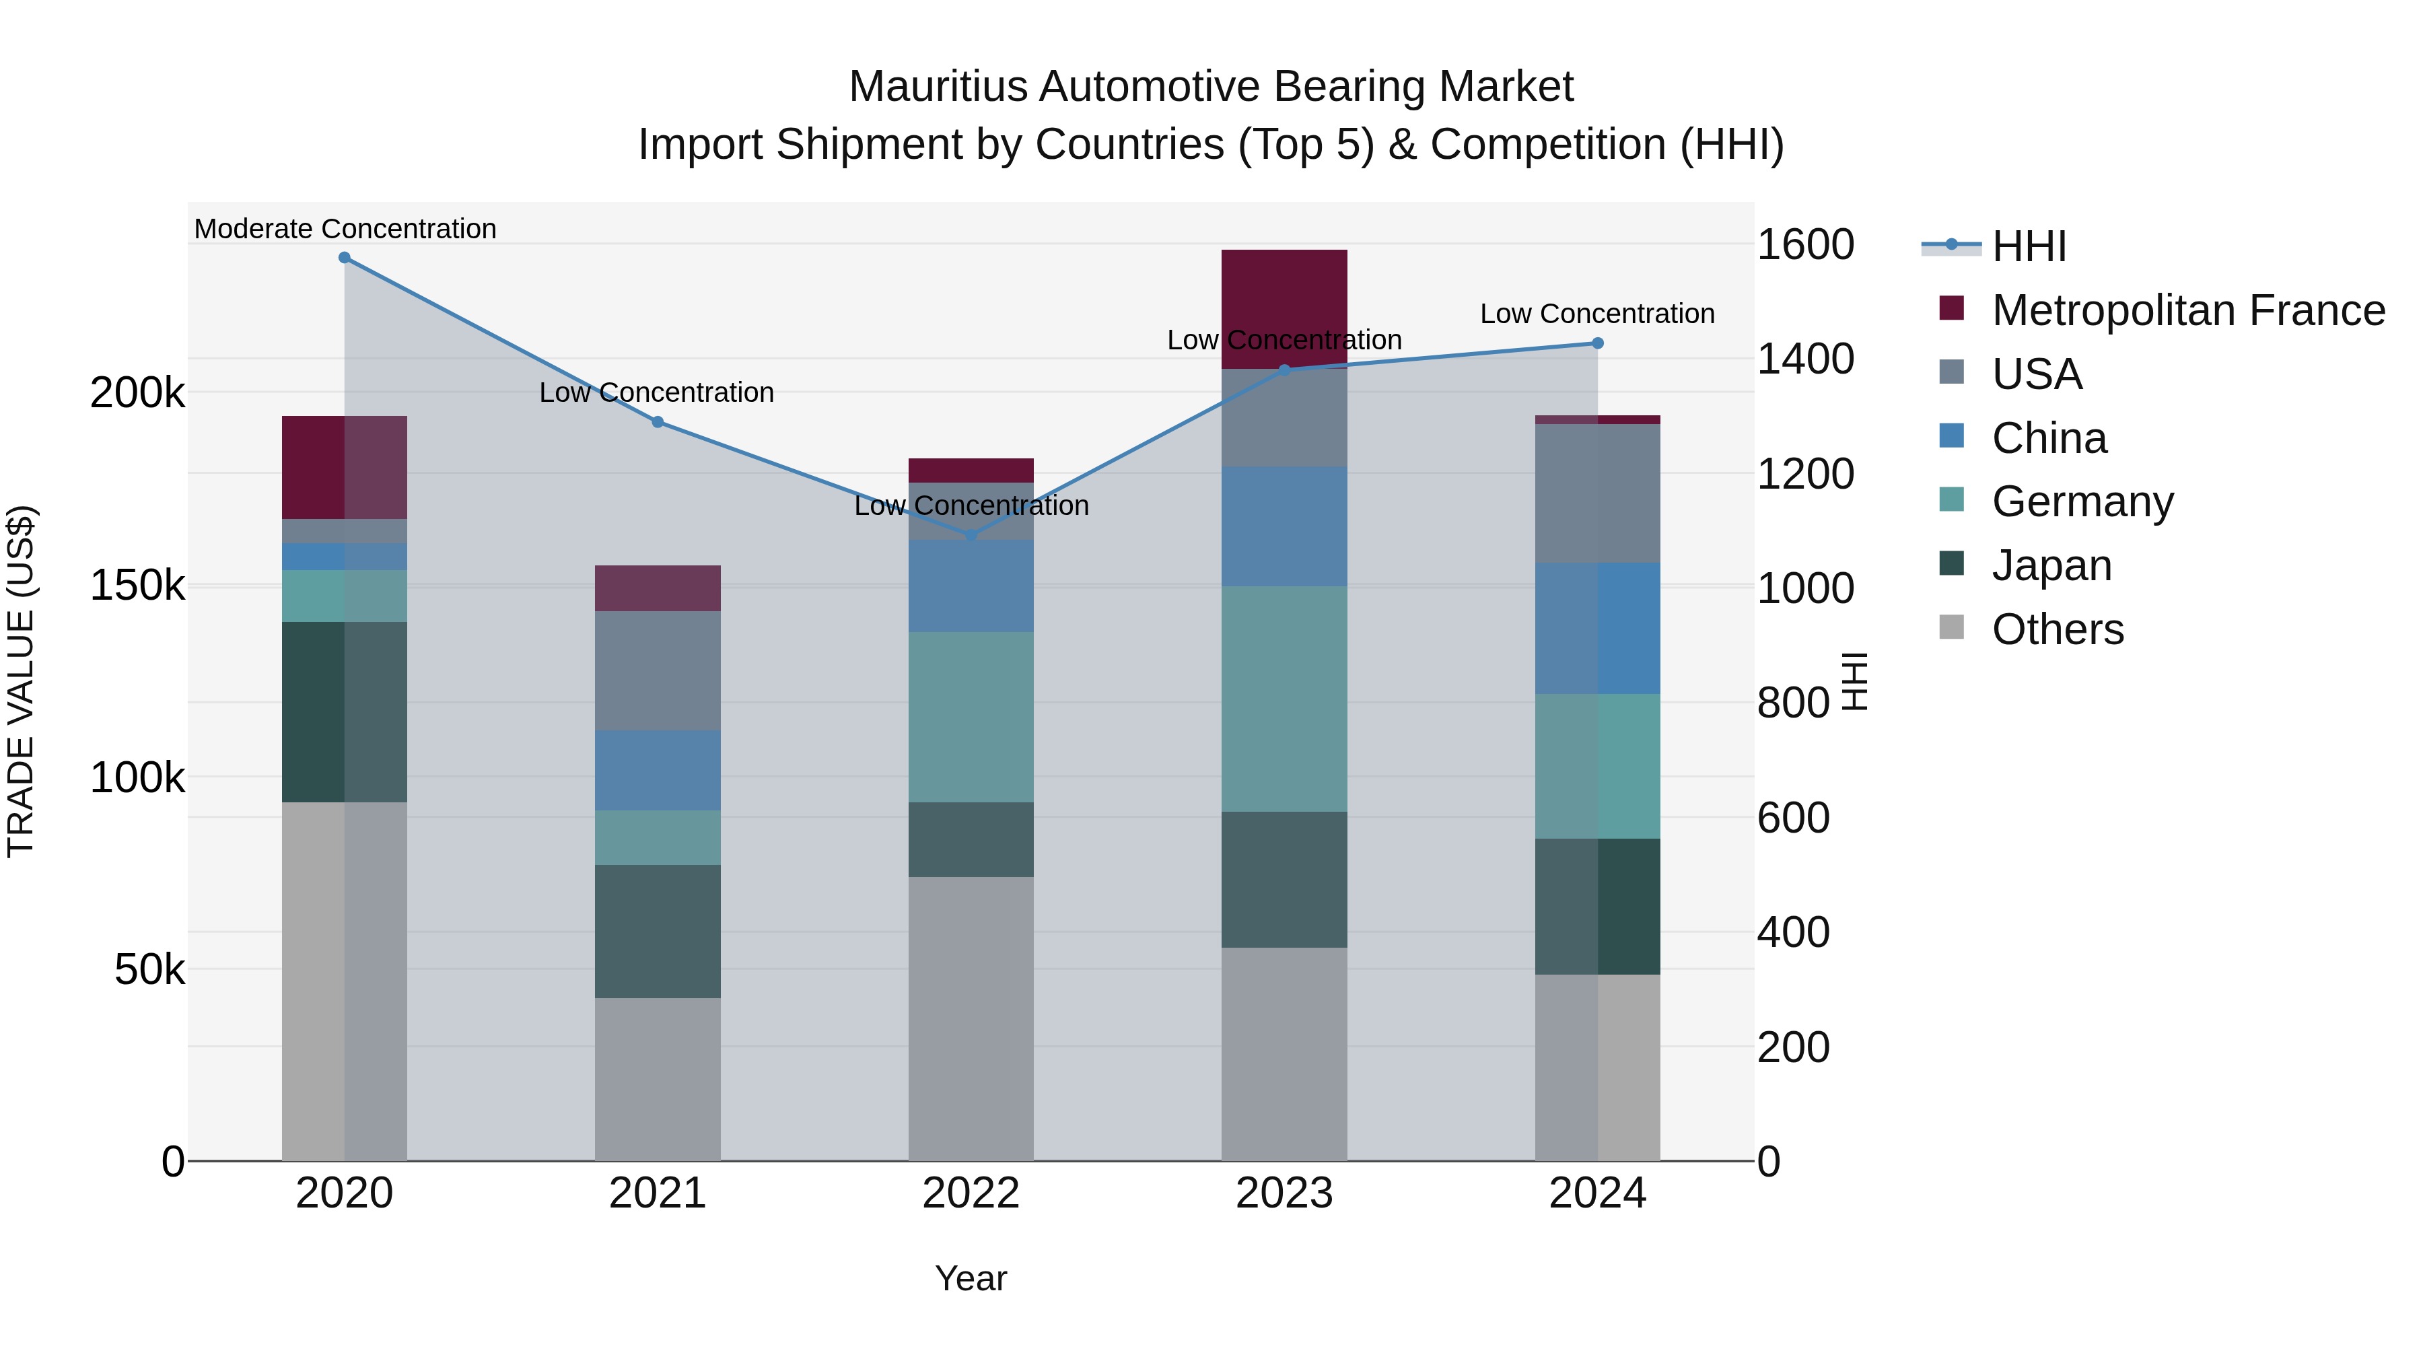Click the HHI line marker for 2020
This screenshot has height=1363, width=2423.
(344, 258)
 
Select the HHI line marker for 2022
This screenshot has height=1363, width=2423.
(971, 535)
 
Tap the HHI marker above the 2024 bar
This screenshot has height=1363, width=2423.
(1597, 343)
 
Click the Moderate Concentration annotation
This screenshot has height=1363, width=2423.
(345, 230)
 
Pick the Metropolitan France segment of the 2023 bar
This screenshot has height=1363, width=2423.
(1284, 308)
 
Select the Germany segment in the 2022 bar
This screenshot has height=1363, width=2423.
(971, 717)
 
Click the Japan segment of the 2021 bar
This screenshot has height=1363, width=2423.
(658, 932)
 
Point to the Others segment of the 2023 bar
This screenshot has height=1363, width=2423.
(1284, 1053)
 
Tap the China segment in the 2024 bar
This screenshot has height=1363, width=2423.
(1597, 629)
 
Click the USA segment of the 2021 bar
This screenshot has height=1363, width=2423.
(658, 670)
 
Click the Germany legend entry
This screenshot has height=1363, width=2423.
(2082, 501)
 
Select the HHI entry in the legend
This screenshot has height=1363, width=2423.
(2029, 246)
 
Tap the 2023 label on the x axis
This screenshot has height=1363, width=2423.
(1284, 1193)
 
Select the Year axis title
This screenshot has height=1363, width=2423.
(971, 1278)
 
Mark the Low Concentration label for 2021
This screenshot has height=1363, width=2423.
(656, 393)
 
